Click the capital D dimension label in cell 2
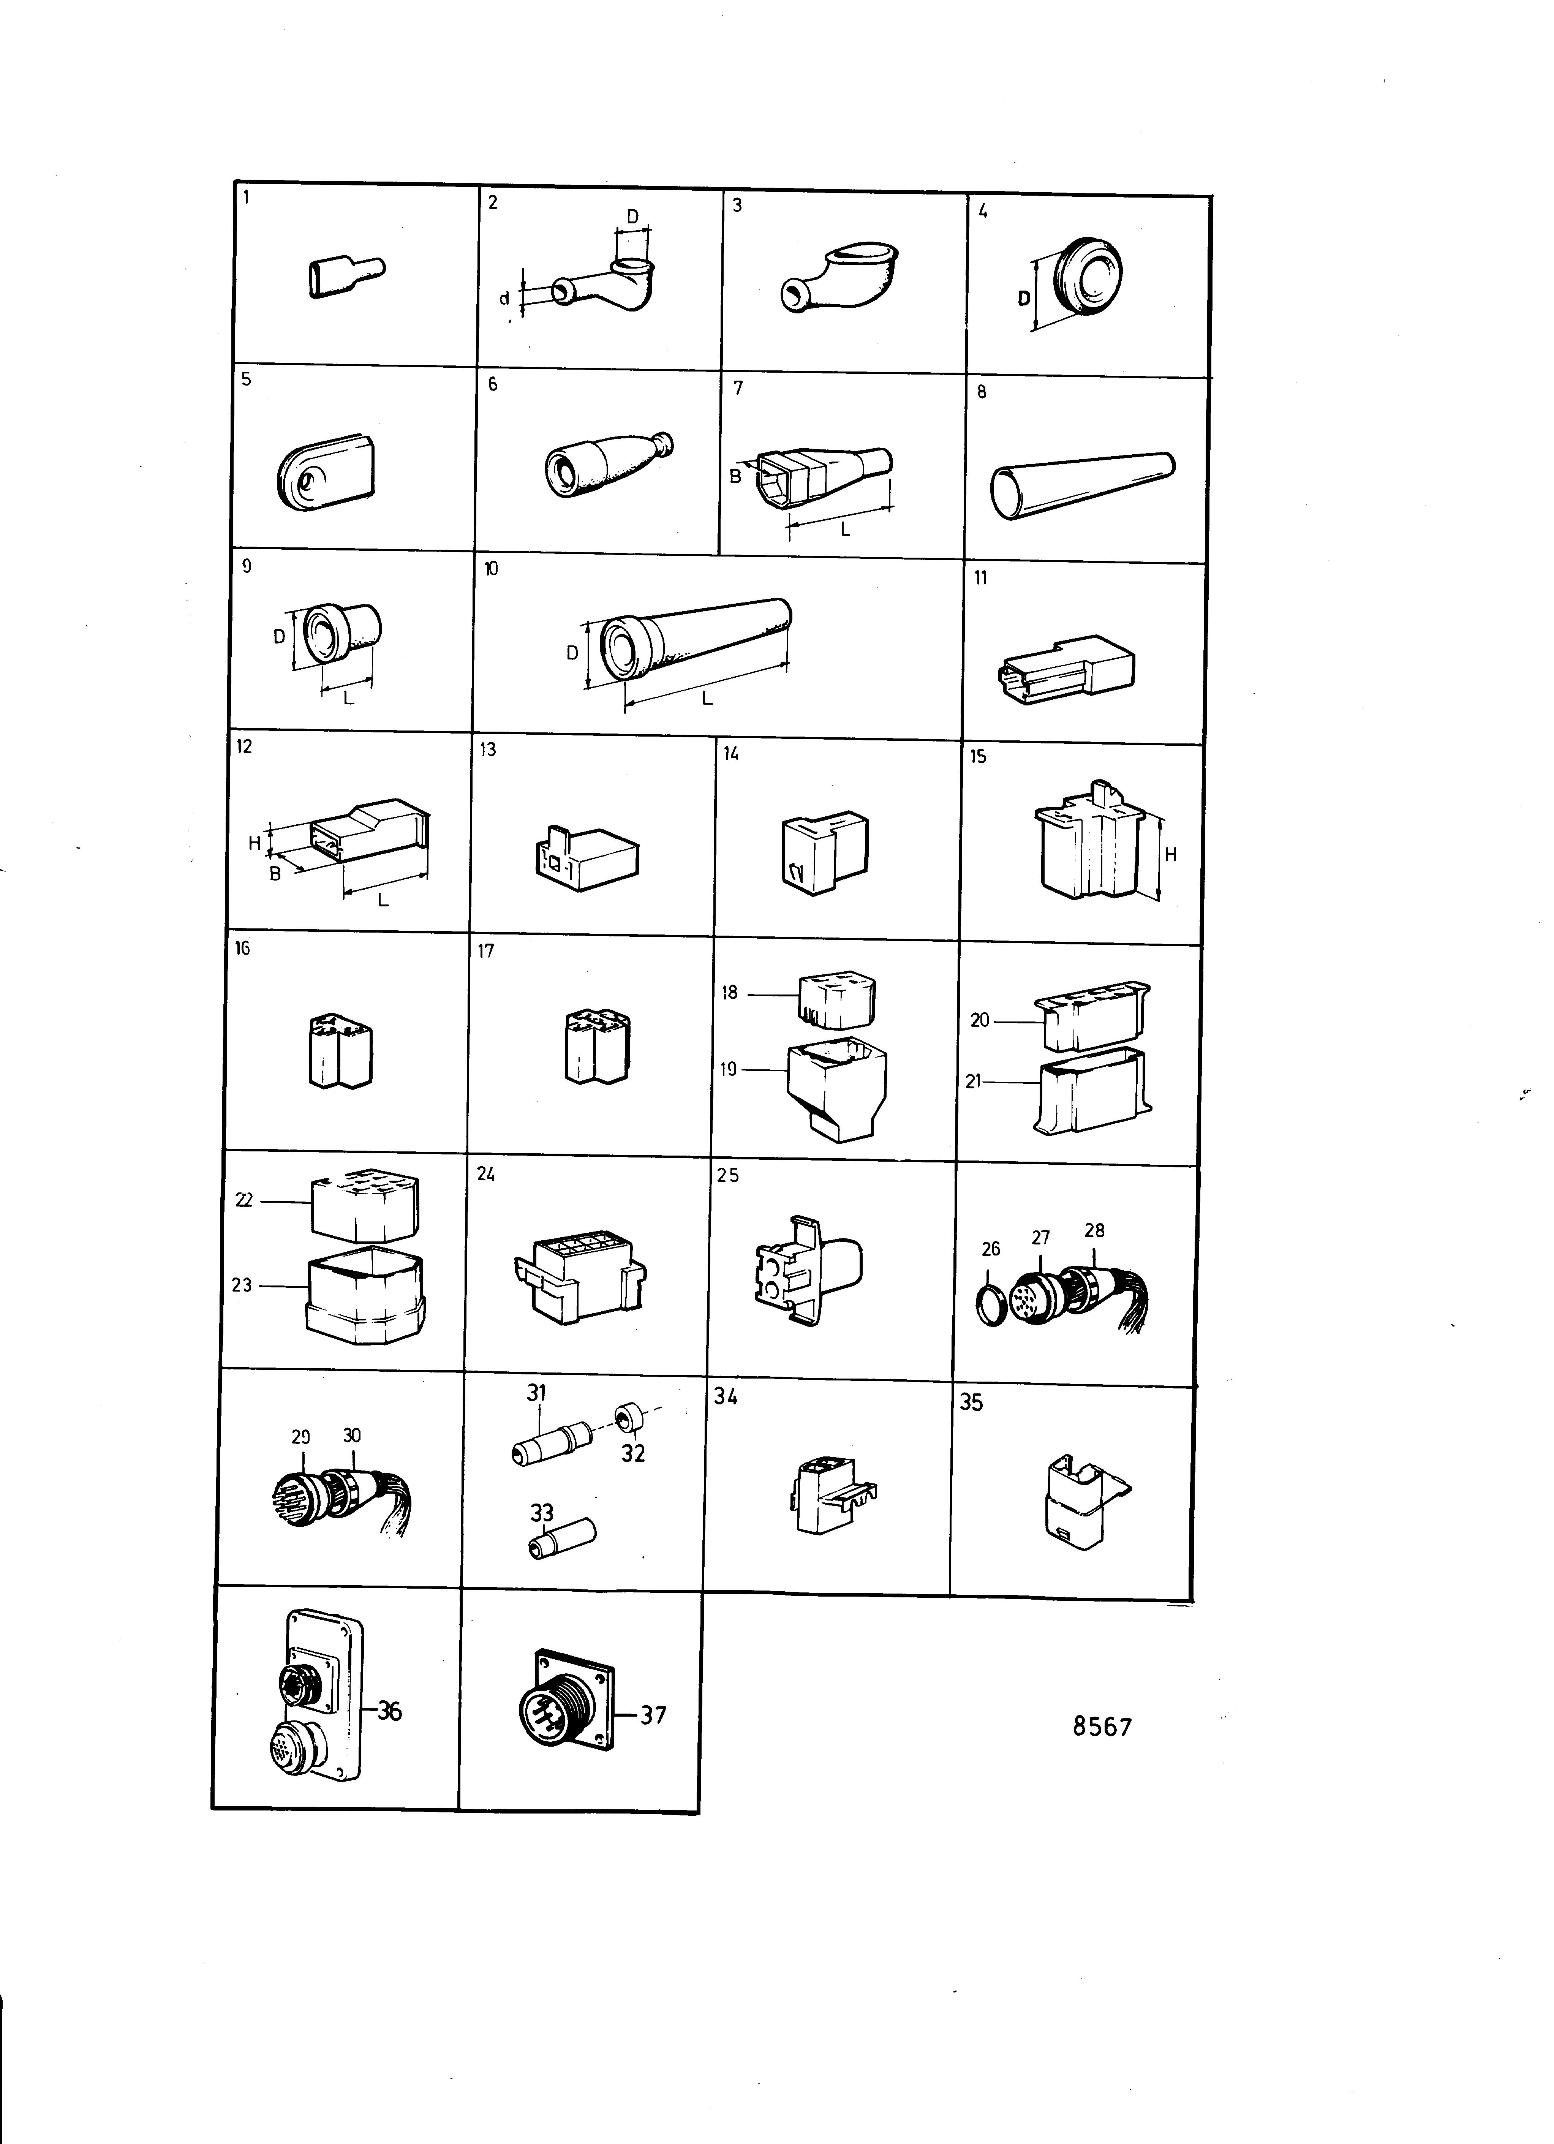[632, 217]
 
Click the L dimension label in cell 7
[845, 530]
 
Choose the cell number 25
[728, 1175]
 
